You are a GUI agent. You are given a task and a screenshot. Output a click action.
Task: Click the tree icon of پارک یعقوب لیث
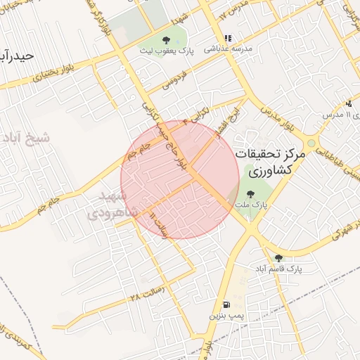pyautogui.click(x=166, y=40)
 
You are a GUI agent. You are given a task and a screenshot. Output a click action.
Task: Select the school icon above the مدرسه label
pyautogui.click(x=227, y=39)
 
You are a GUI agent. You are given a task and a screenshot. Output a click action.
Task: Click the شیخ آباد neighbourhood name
pyautogui.click(x=27, y=137)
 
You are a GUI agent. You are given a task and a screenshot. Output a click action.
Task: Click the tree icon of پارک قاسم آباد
pyautogui.click(x=278, y=258)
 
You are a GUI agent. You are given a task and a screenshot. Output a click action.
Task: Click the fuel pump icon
pyautogui.click(x=226, y=305)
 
